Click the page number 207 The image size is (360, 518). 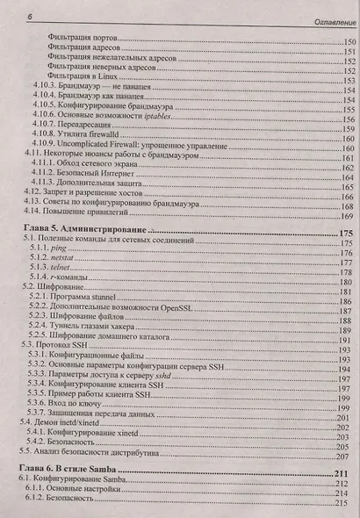tap(345, 457)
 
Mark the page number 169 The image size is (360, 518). tap(343, 216)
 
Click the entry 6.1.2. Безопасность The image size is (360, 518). tap(70, 507)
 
